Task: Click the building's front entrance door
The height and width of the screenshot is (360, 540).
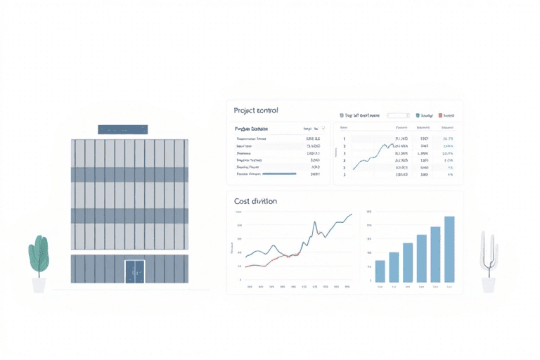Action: point(134,271)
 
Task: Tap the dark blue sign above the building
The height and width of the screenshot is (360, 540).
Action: point(122,129)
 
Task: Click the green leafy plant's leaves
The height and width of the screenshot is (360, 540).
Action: point(39,255)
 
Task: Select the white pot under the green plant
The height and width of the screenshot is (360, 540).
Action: point(39,285)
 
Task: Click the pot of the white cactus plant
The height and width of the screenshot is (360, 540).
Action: point(488,285)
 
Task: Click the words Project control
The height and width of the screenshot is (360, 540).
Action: point(256,110)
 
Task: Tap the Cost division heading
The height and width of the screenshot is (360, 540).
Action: point(255,201)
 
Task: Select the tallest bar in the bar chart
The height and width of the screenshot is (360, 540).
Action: point(449,249)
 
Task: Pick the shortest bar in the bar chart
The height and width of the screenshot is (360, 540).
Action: point(380,271)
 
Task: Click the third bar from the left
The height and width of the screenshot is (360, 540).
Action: point(407,262)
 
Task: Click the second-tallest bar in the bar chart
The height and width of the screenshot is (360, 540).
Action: point(435,254)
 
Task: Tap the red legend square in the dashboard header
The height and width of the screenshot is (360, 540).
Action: point(441,115)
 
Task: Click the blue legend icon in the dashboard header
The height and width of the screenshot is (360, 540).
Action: point(418,115)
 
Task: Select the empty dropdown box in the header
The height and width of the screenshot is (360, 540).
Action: point(398,115)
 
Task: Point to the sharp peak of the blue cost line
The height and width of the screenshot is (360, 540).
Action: point(314,225)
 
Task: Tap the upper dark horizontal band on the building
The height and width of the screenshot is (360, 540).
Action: point(129,174)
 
